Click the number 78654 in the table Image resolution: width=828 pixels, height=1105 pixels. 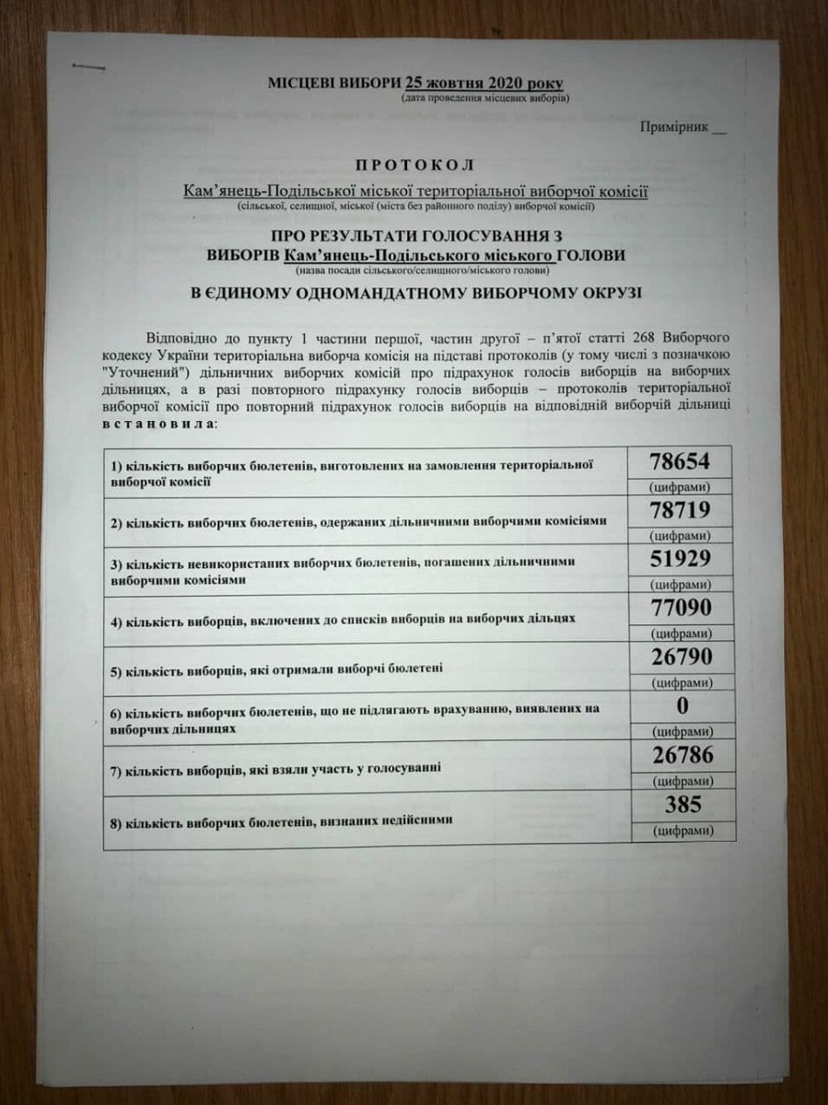pos(680,461)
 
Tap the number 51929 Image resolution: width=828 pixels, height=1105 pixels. pos(680,560)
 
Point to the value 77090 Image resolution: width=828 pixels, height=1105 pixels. pos(680,610)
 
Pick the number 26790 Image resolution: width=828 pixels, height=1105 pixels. pos(680,658)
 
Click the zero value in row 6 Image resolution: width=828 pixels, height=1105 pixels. pos(681,707)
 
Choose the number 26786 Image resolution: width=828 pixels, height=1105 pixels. pos(680,756)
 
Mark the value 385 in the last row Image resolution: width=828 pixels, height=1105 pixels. pos(681,805)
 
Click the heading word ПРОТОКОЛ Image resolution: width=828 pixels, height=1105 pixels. pos(414,166)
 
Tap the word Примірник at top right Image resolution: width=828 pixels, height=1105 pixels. pos(674,127)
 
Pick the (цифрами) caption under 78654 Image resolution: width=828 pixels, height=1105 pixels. pos(680,486)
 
